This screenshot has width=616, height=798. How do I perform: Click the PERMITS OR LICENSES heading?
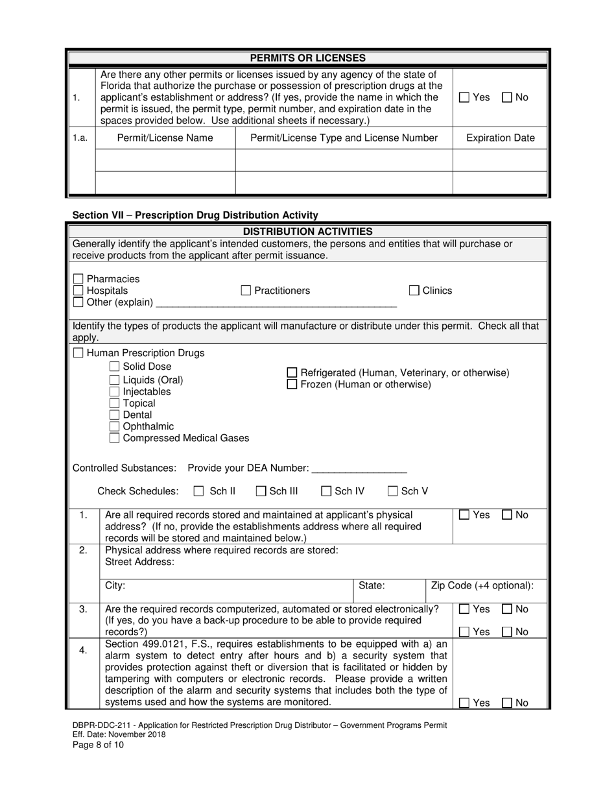(x=307, y=58)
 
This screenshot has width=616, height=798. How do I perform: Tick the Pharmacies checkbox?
(x=78, y=279)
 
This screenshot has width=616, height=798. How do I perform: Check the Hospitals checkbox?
(x=78, y=291)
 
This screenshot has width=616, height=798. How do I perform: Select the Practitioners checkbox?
(x=246, y=291)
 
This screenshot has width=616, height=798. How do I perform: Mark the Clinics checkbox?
(x=414, y=291)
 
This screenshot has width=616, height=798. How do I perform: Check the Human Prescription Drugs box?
(x=78, y=354)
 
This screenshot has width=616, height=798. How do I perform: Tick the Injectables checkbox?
(x=114, y=392)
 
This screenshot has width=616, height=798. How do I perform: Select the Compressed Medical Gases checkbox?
(x=114, y=439)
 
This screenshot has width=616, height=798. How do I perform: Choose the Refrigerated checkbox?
(x=292, y=373)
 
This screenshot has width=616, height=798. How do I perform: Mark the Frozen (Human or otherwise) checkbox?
(x=292, y=385)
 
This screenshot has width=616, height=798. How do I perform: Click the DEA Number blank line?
(x=359, y=469)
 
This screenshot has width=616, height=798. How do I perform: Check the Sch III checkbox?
(x=261, y=491)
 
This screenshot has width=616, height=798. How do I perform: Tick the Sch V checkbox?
(x=393, y=491)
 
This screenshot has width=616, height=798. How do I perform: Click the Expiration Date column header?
(x=501, y=138)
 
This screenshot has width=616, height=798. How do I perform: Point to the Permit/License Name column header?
(x=165, y=138)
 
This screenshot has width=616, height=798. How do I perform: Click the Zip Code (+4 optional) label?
(x=482, y=586)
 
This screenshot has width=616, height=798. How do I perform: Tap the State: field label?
(x=372, y=586)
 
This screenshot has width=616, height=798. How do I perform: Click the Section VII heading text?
(x=195, y=215)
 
